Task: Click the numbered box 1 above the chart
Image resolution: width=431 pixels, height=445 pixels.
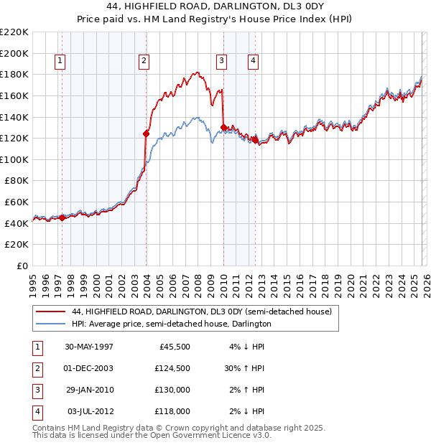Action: (59, 62)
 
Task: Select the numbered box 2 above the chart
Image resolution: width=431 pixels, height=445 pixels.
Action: (144, 62)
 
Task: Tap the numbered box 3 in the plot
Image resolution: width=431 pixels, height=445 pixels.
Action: (222, 62)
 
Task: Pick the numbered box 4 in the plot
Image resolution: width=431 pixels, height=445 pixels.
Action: (254, 62)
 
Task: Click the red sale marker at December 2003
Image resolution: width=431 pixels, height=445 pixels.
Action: (146, 133)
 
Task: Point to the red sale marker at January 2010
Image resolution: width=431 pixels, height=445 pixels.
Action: (223, 127)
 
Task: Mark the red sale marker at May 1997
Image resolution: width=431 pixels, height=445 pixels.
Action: (62, 217)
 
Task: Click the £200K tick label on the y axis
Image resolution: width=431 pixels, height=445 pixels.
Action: (14, 53)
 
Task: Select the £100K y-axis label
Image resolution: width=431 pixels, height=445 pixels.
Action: (14, 159)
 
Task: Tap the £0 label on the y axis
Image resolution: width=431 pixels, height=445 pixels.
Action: (22, 266)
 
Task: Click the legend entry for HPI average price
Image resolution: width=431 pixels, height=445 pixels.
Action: (171, 324)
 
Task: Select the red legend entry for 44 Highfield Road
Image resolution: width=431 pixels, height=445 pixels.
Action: (201, 312)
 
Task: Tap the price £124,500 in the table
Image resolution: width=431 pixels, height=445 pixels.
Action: (172, 368)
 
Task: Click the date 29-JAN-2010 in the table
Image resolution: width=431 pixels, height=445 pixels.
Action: (89, 390)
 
